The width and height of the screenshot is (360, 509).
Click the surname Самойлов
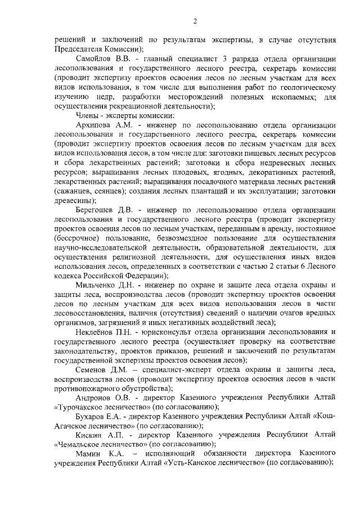pyautogui.click(x=91, y=59)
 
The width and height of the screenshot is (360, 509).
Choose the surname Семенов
pyautogui.click(x=91, y=370)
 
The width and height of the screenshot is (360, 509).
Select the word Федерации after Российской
pyautogui.click(x=142, y=276)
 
